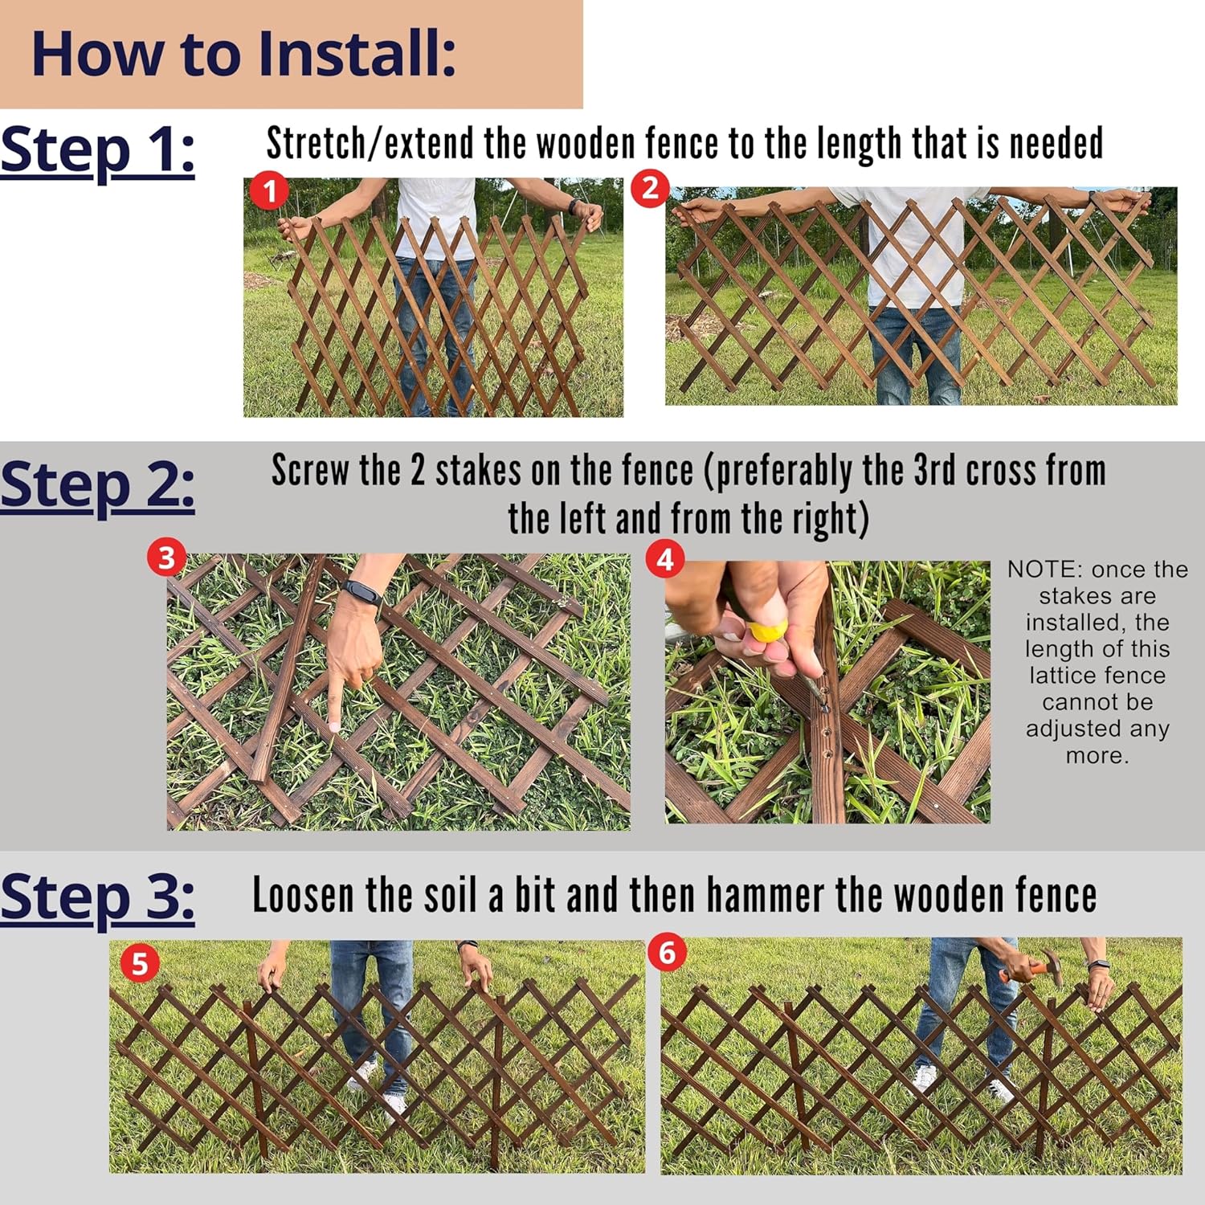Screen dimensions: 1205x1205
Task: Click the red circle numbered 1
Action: coord(269,190)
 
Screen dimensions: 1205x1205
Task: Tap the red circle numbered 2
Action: coord(650,189)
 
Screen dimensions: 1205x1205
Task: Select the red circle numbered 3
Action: coord(166,557)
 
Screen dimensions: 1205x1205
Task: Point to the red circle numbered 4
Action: coord(665,558)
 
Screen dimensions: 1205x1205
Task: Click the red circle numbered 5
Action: coord(139,963)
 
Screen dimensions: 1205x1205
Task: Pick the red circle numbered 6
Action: coord(667,953)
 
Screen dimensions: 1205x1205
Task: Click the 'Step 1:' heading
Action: coord(97,150)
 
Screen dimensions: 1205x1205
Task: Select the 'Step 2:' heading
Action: coord(97,485)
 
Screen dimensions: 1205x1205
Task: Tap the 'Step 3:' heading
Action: coord(97,897)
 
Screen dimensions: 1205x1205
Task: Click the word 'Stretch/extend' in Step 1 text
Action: coord(370,144)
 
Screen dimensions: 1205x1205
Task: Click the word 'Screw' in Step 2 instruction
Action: coord(310,471)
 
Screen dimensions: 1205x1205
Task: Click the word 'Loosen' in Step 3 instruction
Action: coord(303,895)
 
